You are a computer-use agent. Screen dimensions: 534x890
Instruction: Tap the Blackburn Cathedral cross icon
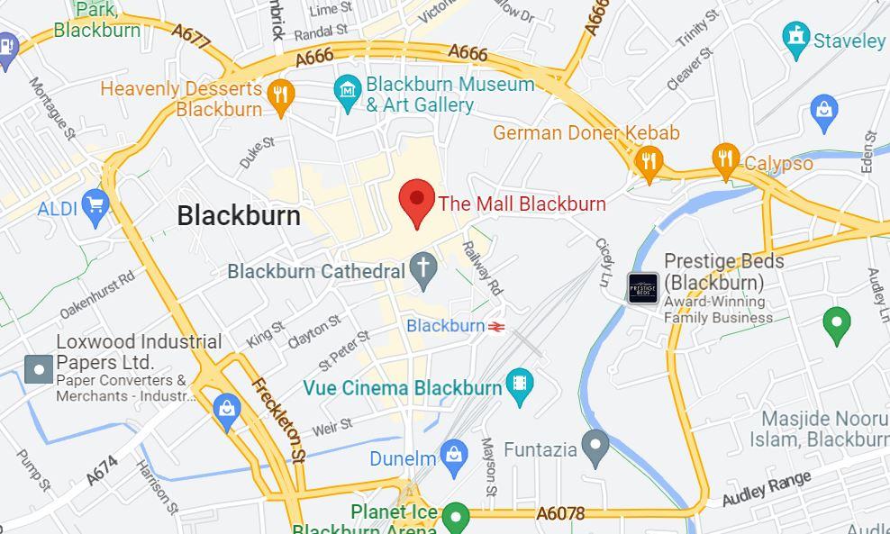click(422, 267)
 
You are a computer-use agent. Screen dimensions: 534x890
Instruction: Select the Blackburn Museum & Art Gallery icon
click(347, 92)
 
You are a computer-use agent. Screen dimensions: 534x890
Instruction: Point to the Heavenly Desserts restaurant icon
click(282, 95)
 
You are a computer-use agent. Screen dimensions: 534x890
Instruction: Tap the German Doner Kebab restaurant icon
click(648, 162)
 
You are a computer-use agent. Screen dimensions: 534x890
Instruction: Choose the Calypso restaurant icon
click(725, 160)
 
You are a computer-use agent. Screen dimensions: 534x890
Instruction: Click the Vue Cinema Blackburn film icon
click(519, 385)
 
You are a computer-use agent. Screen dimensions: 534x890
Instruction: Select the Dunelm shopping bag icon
click(454, 457)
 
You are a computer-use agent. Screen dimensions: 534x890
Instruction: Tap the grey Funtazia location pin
click(595, 446)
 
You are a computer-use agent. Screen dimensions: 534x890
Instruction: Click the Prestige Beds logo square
click(643, 288)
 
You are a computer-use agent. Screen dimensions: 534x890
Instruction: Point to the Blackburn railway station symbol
click(495, 326)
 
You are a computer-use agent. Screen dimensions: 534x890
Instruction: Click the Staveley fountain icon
click(796, 39)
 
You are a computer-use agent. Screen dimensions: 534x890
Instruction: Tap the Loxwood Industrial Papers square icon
click(39, 368)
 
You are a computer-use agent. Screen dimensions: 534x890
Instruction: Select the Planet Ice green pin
click(456, 517)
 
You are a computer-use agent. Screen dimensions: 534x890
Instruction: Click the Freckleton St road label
click(279, 421)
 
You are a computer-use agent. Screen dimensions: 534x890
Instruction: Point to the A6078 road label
click(560, 513)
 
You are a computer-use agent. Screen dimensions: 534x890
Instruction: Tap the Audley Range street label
click(767, 487)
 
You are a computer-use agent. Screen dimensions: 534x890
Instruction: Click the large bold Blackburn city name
click(239, 215)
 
